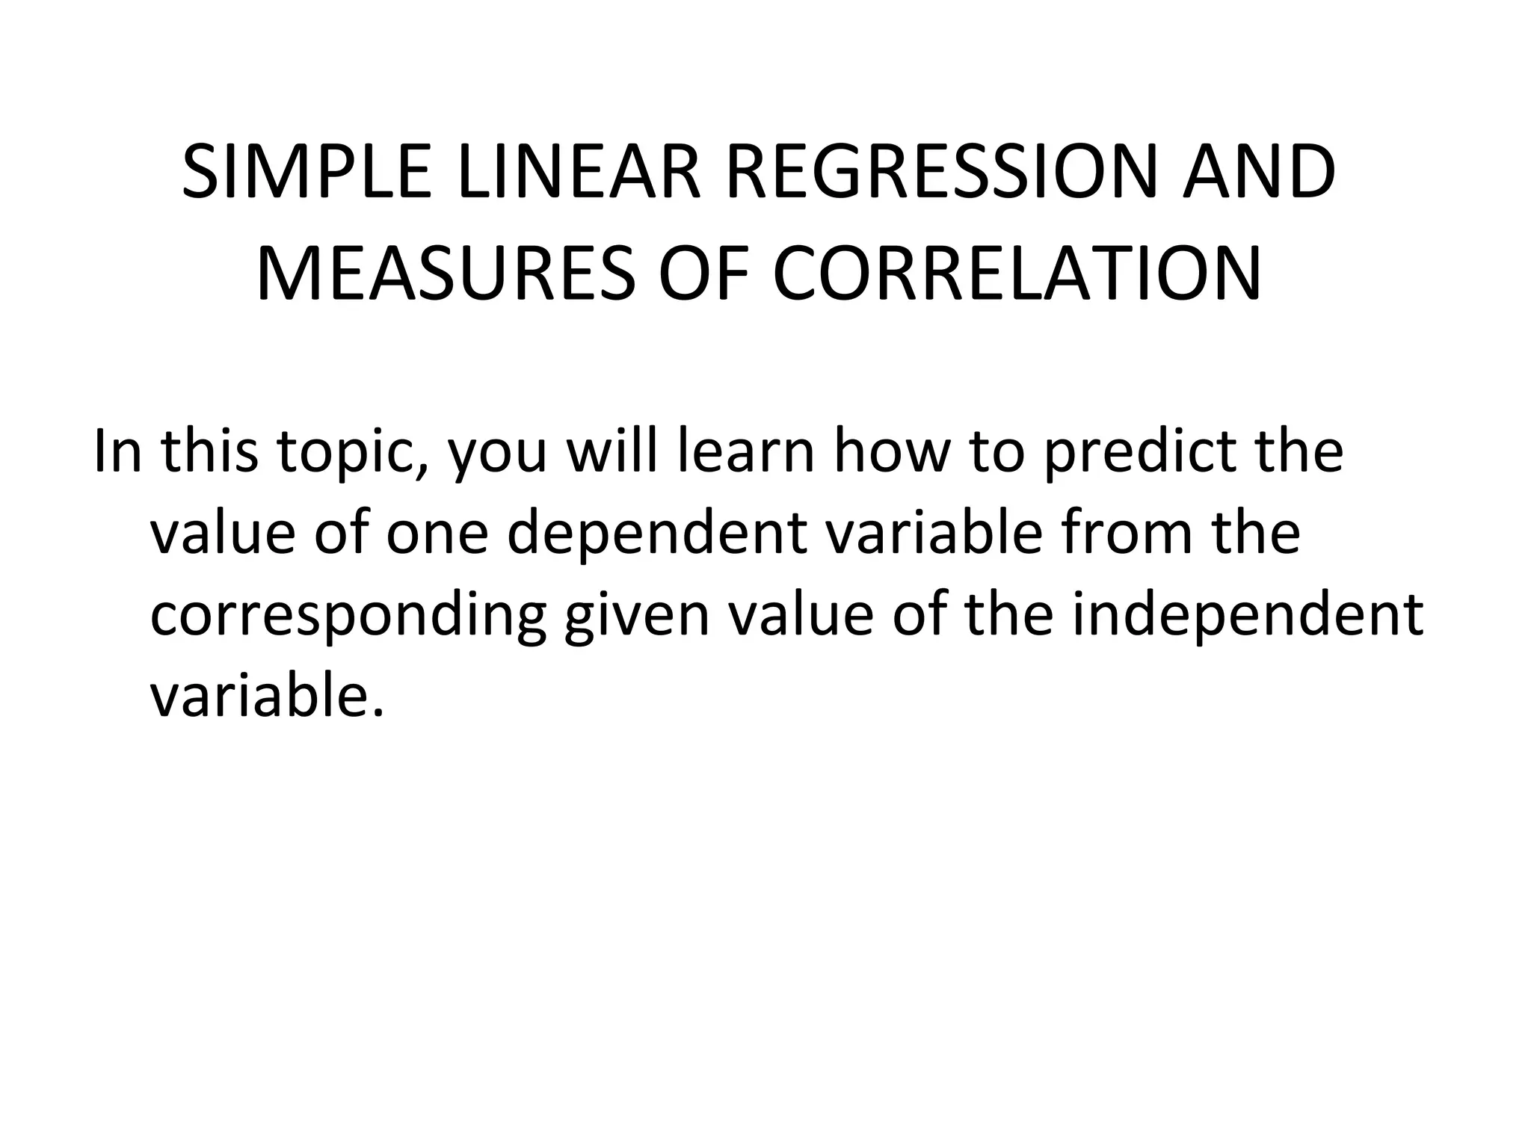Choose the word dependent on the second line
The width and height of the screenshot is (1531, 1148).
click(x=657, y=534)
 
